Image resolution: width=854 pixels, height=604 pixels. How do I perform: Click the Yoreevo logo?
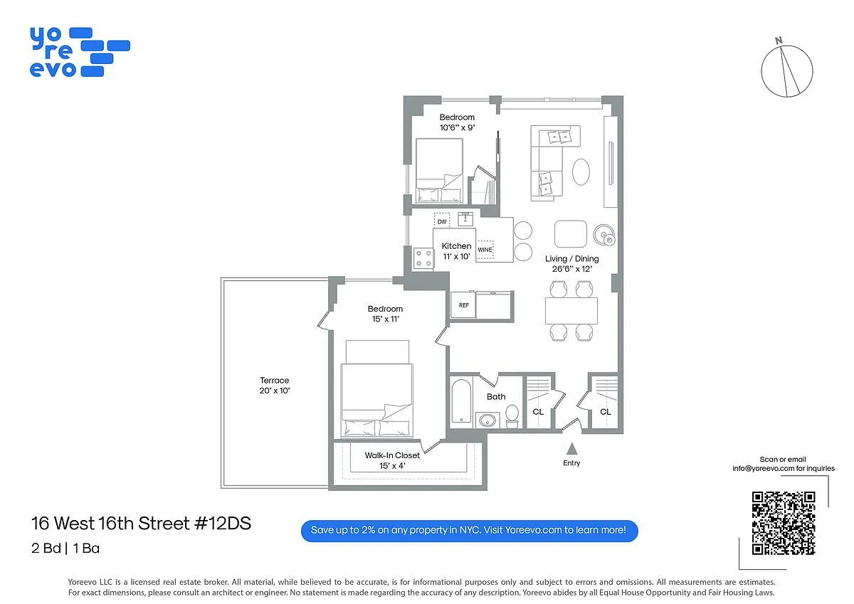tap(80, 52)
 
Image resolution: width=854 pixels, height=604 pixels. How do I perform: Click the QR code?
tap(784, 523)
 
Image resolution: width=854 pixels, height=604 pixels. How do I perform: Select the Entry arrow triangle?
tap(571, 448)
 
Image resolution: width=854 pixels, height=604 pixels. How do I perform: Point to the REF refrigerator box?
tap(463, 305)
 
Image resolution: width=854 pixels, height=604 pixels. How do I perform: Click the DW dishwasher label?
tap(442, 221)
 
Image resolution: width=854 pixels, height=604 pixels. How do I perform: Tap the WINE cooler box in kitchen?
tap(485, 250)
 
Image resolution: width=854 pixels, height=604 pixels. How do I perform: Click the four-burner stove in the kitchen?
tap(423, 258)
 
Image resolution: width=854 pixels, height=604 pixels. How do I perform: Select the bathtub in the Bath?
tap(461, 401)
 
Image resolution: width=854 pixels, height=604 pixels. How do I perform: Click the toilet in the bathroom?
tap(512, 415)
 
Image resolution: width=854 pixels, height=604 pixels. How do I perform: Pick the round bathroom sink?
tap(487, 420)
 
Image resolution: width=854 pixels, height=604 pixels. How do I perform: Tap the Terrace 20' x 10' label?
tap(275, 386)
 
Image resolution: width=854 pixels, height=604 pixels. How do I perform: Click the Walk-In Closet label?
tap(392, 455)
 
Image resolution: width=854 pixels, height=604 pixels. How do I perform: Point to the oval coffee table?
tap(581, 172)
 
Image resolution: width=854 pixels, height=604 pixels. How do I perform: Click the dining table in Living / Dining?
tap(571, 311)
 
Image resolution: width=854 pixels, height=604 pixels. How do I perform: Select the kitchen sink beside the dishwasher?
tap(465, 218)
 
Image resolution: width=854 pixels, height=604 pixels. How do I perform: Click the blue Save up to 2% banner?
tap(469, 531)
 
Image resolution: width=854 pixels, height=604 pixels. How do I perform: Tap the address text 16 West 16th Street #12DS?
tap(141, 523)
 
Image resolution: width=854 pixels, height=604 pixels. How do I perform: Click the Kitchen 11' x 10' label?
tap(456, 251)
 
